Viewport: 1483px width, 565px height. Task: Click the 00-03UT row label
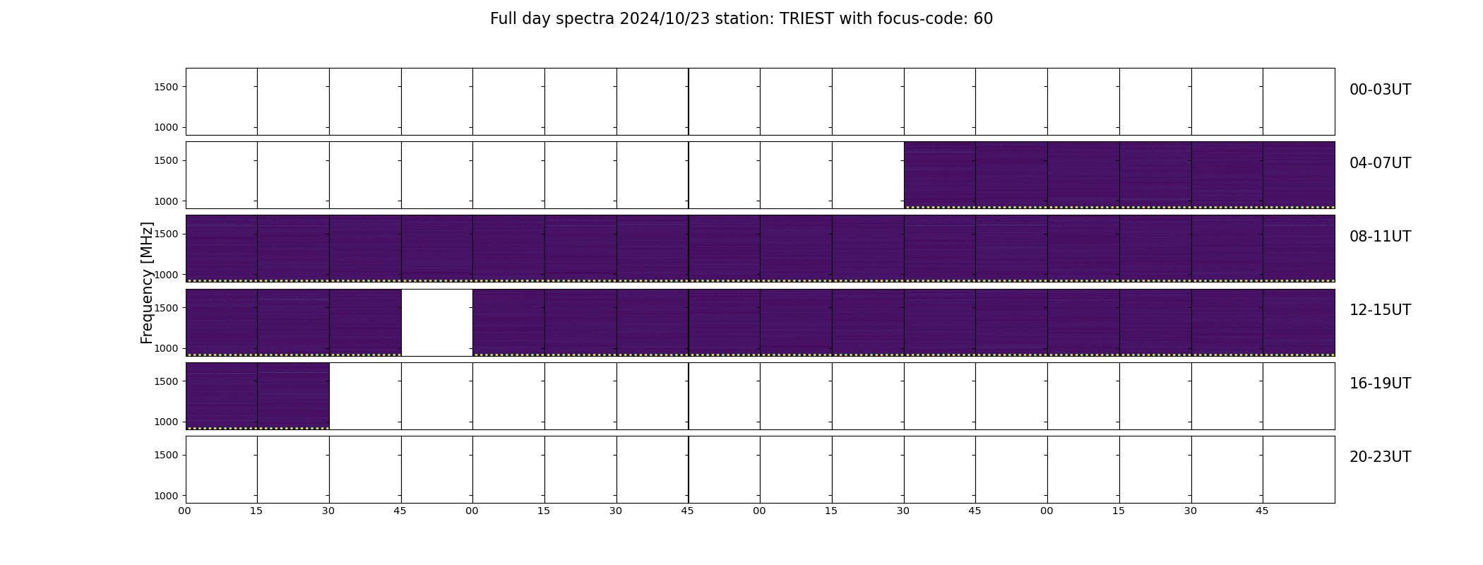coord(1380,90)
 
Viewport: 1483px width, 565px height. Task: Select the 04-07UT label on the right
coord(1380,163)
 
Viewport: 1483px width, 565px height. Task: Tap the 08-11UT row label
coord(1380,237)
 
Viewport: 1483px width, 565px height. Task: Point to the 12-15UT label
coord(1380,310)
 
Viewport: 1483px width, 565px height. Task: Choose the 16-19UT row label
coord(1380,383)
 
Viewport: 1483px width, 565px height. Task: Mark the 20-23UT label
coord(1380,457)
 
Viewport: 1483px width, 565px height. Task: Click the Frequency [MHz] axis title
coord(147,282)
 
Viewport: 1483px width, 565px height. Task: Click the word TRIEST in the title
coord(806,19)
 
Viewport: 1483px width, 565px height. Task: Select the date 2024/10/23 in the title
coord(664,19)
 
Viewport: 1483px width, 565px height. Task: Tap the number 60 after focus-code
coord(983,19)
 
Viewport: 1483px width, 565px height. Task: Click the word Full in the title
coord(502,19)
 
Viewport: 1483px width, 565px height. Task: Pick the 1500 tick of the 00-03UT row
coord(166,87)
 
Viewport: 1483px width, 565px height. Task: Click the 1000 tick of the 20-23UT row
coord(166,496)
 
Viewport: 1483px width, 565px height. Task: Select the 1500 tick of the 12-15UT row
coord(166,308)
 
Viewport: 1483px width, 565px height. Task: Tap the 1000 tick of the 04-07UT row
coord(166,201)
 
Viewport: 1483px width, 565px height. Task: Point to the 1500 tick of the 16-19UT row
coord(166,381)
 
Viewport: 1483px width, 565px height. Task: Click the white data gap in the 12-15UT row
coord(437,322)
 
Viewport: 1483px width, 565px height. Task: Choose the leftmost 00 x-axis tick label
coord(185,511)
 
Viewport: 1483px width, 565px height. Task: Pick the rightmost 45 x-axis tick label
coord(1262,511)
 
